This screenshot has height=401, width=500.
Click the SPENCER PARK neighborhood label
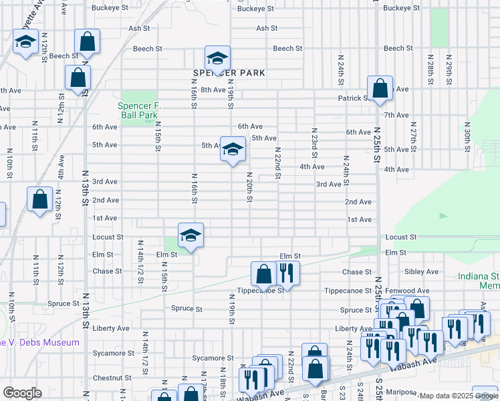(229, 72)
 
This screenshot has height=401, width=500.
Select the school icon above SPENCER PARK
(217, 58)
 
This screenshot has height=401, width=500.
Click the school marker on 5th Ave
(233, 150)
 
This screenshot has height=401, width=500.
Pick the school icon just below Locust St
(191, 235)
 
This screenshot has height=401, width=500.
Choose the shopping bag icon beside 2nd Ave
(40, 199)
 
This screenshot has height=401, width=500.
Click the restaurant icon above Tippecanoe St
(287, 273)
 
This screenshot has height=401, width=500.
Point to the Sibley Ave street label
(422, 272)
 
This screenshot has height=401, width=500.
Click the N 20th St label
(249, 190)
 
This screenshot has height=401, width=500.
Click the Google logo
(22, 393)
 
